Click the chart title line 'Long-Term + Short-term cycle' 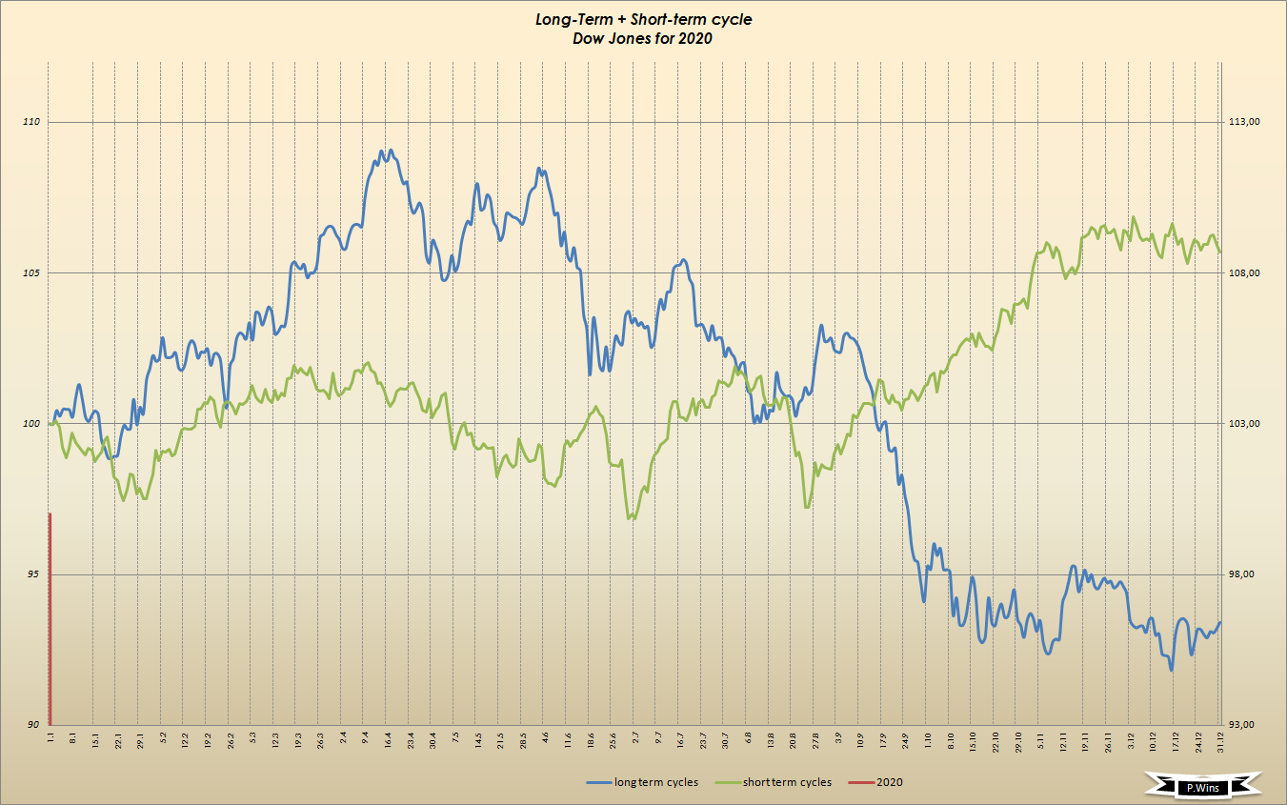[x=643, y=20]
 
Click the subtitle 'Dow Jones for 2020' [x=643, y=39]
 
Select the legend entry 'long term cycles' [x=654, y=782]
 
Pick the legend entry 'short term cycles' [x=788, y=782]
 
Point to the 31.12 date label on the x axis [x=1221, y=740]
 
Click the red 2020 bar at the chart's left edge [x=50, y=619]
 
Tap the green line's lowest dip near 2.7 [x=630, y=518]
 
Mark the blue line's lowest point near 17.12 [x=1171, y=670]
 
